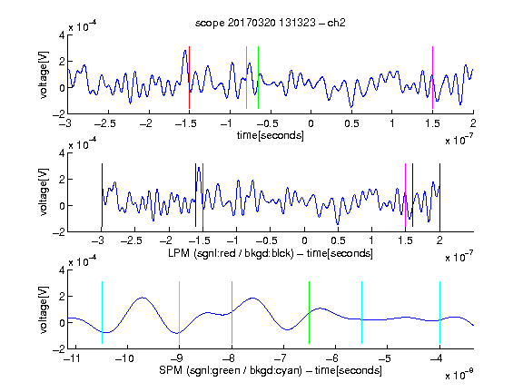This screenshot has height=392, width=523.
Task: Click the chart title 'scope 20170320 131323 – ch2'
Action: coord(271,23)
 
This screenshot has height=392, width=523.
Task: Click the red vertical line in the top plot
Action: coord(189,77)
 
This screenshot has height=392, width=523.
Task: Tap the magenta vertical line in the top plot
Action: coord(432,77)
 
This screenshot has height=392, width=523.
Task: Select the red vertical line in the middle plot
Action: coord(202,195)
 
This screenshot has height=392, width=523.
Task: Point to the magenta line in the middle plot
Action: coord(405,195)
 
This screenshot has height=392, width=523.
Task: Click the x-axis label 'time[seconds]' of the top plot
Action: coord(271,135)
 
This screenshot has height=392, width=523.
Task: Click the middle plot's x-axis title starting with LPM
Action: coord(271,253)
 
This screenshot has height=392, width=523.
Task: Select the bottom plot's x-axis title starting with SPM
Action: coord(271,370)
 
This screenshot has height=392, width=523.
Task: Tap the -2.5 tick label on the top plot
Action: coord(105,123)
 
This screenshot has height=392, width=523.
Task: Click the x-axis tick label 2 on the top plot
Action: coord(473,123)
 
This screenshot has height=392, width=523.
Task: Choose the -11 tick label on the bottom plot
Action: coord(73,358)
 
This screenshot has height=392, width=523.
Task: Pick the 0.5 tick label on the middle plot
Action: coord(338,240)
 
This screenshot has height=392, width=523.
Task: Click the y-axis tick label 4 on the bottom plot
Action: coord(62,270)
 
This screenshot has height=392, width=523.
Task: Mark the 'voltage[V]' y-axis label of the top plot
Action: coord(44,75)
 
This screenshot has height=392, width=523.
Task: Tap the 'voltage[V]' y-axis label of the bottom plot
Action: coord(44,309)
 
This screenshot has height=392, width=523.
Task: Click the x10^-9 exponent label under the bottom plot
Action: coord(459,375)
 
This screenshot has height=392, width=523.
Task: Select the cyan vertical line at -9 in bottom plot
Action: coord(180,313)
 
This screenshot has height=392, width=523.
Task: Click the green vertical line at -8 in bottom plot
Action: coord(232,313)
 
